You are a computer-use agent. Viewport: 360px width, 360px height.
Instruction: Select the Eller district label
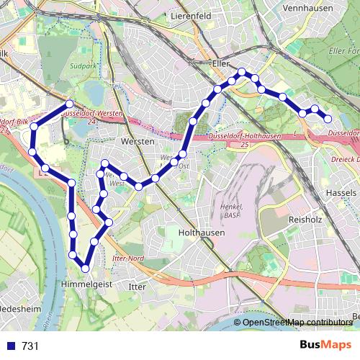point(220,63)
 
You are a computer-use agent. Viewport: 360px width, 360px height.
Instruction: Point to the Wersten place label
point(138,142)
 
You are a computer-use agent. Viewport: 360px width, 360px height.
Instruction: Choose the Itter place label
point(136,287)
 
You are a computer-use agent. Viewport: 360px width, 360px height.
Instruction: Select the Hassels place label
point(341,194)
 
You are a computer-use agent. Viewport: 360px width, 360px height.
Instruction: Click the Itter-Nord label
point(129,258)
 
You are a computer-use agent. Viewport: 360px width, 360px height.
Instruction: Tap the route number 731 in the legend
point(30,346)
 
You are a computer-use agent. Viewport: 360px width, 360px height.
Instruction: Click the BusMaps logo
point(326,346)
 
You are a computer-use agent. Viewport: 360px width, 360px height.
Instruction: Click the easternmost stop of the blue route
point(328,119)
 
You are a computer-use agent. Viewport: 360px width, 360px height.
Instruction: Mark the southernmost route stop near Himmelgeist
point(86,269)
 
